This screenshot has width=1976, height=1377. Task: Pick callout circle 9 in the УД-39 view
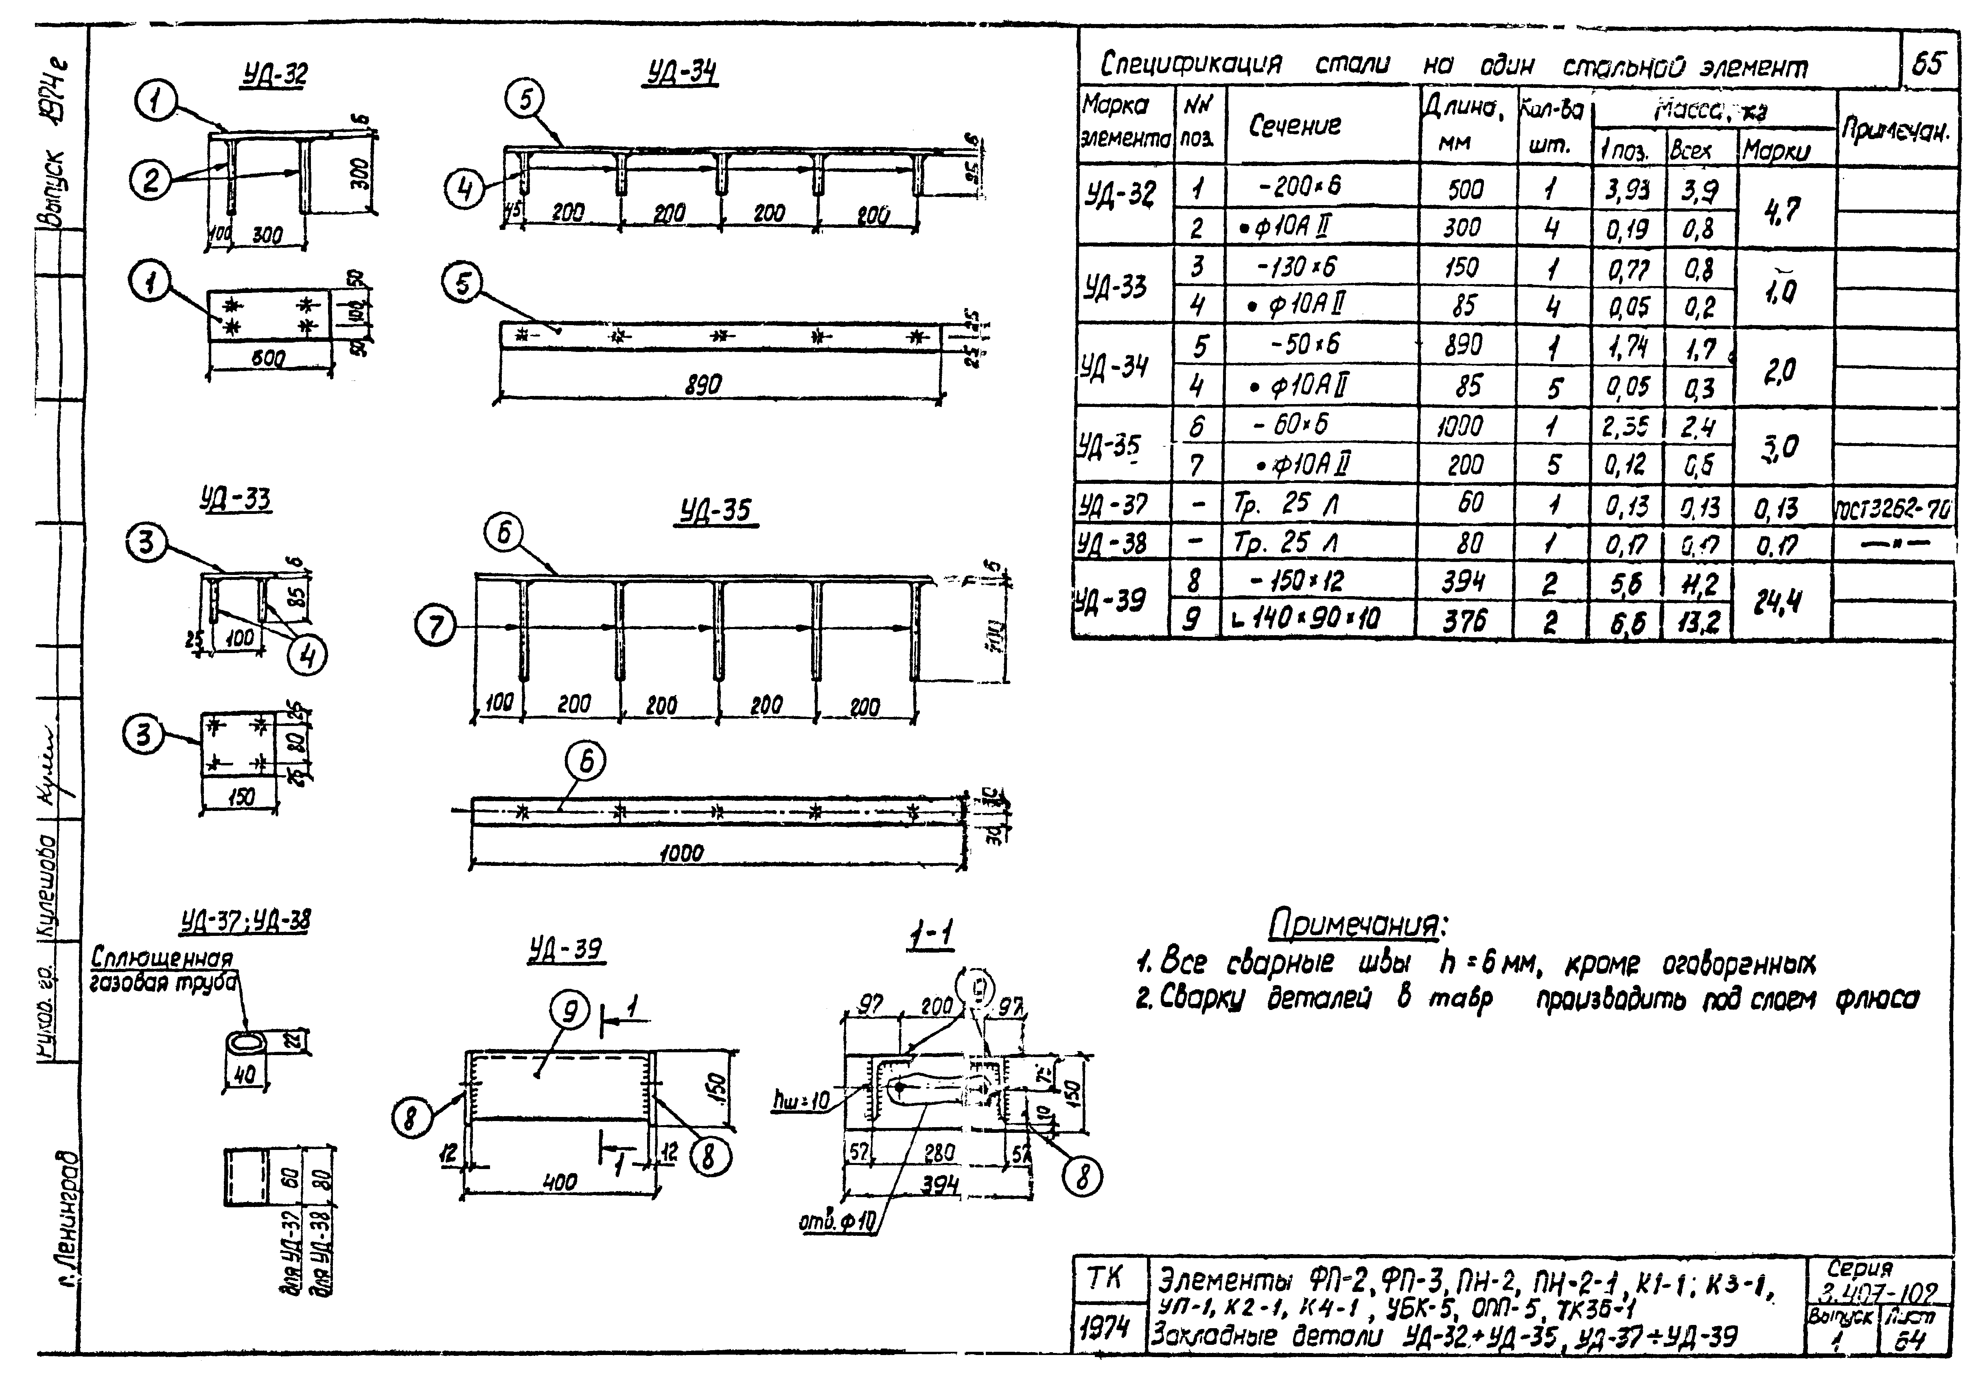[x=569, y=1012]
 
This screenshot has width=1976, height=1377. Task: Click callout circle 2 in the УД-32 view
[x=151, y=181]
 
